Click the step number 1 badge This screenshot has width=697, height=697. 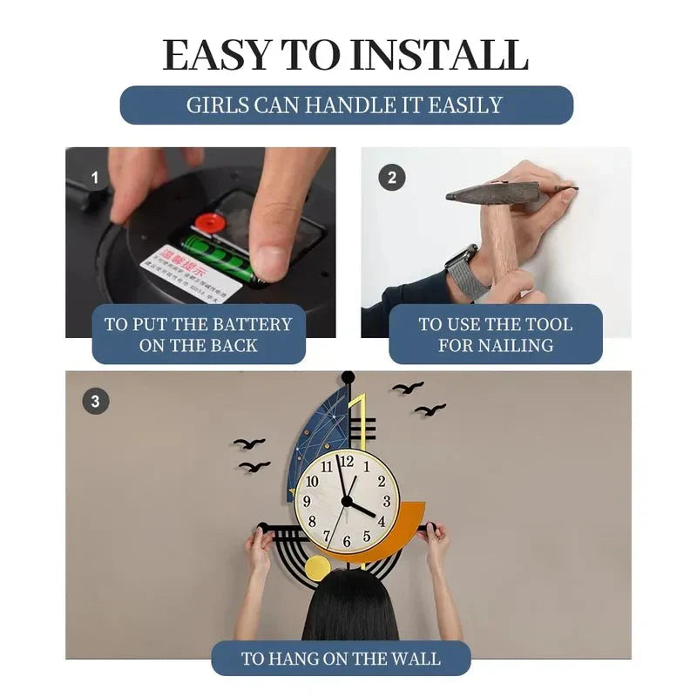95,178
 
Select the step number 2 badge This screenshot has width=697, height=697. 391,178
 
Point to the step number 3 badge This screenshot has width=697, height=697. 95,402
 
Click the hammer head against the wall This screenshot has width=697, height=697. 493,193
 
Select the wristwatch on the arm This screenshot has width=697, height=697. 463,269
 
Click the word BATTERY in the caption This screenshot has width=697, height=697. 247,324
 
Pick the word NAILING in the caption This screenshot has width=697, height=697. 520,345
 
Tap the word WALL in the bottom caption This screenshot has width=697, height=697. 413,659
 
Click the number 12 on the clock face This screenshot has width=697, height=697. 347,463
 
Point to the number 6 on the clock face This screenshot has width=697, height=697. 347,542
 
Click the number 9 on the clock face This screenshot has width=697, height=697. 307,502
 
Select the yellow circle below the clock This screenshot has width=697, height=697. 317,568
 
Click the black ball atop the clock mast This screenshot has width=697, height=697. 348,377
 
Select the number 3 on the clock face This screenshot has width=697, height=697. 386,502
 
